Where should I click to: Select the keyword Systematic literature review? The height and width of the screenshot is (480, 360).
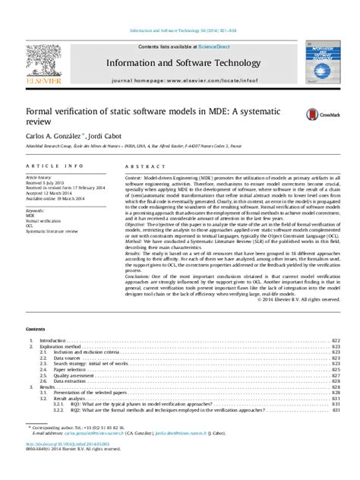(52, 229)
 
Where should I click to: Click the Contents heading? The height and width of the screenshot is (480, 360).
(36, 328)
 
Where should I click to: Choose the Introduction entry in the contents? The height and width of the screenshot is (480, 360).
(53, 342)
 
